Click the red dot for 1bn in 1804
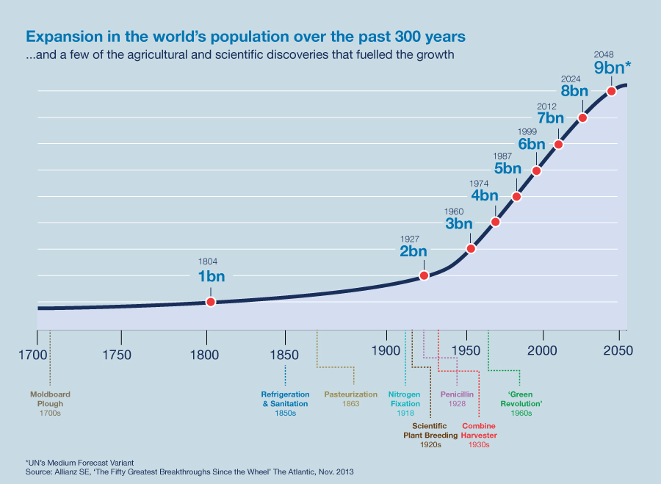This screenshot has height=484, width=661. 211,302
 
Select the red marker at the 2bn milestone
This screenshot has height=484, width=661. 424,275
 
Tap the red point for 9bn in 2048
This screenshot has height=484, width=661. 611,91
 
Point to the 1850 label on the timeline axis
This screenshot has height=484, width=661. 284,354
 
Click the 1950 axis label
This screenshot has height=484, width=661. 464,354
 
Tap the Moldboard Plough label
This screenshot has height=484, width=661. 50,399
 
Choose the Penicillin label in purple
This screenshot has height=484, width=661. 457,394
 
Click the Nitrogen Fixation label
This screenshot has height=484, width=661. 405,399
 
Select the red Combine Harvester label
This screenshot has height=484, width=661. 479,430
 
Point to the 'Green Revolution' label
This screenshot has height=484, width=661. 521,399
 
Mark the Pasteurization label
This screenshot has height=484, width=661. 351,394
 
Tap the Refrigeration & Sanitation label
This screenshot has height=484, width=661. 284,399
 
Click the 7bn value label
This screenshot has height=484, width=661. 550,118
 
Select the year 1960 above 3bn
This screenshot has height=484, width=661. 455,212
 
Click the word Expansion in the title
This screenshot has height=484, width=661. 60,36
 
